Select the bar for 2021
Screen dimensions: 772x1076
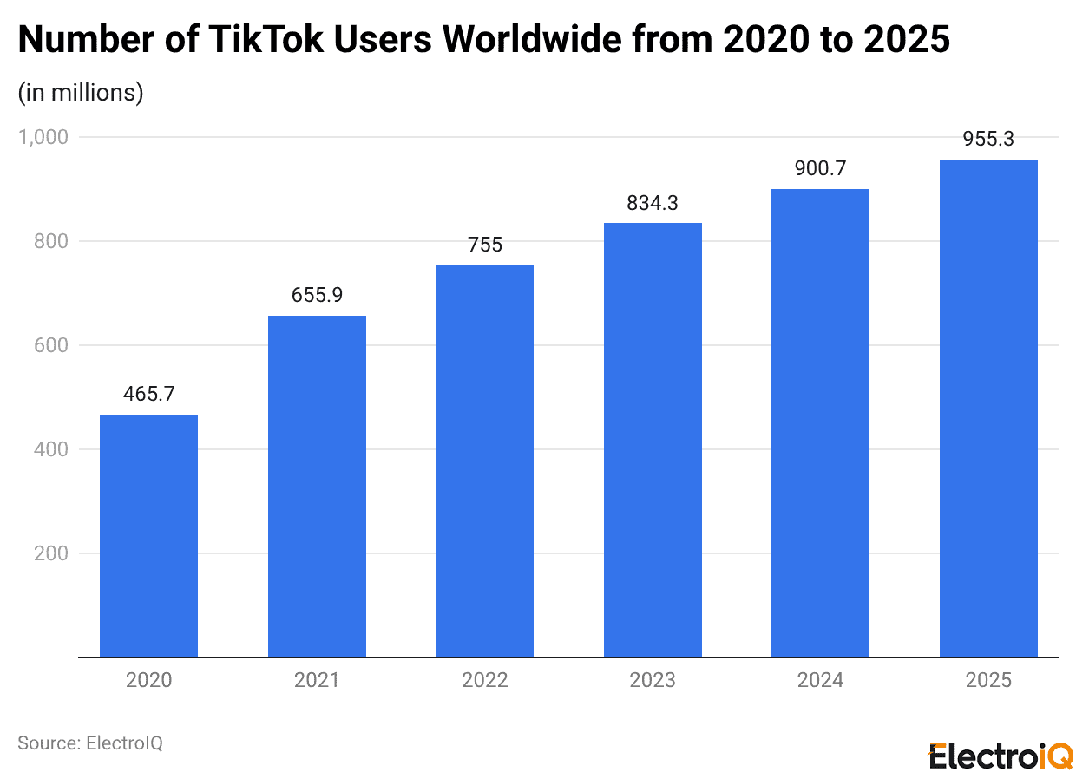click(x=317, y=486)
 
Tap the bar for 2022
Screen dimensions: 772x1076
click(x=484, y=461)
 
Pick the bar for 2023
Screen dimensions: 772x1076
click(x=653, y=440)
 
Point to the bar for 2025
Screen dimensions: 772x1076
click(x=988, y=409)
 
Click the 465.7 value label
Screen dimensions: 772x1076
click(x=148, y=394)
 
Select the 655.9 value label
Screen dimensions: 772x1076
click(x=317, y=295)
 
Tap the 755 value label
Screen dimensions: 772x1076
click(x=484, y=245)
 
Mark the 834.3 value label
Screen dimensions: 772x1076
click(x=653, y=203)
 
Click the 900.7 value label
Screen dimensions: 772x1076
click(x=820, y=169)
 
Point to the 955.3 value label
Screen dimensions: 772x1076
click(x=988, y=139)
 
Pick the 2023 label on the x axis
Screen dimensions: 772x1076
click(x=653, y=680)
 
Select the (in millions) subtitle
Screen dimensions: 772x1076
click(x=81, y=92)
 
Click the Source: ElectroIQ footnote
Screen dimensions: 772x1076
click(x=90, y=743)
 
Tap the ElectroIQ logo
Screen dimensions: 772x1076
click(x=1000, y=755)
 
